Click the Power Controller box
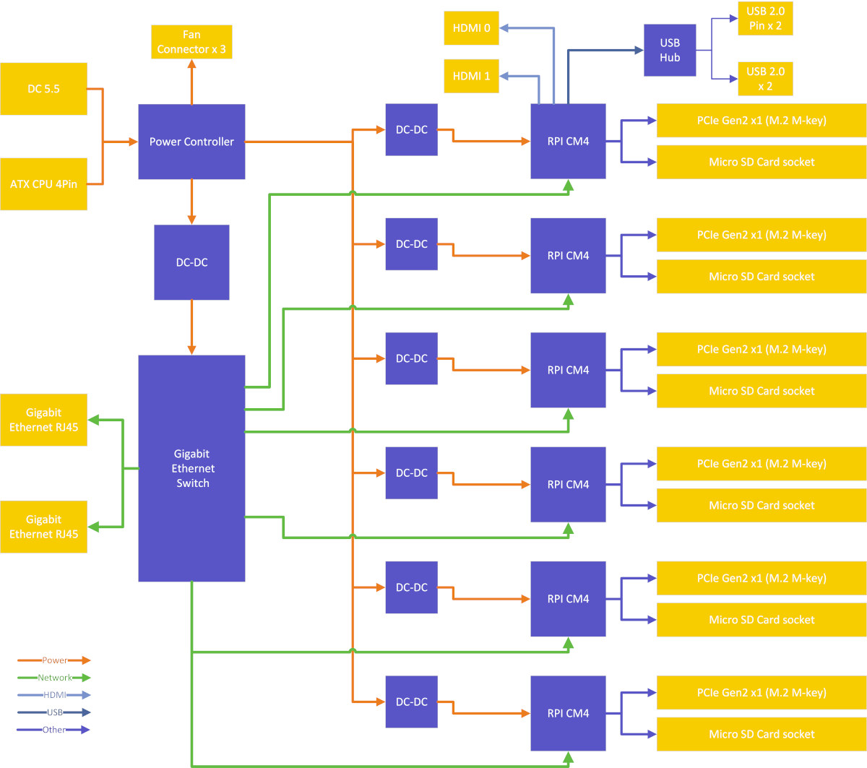pos(191,142)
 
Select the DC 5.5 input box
pos(43,89)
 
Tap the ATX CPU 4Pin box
pos(43,184)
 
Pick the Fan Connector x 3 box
pos(191,42)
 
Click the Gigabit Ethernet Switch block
pos(191,468)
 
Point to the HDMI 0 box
pos(471,27)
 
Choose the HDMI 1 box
pos(471,76)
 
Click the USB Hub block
pos(670,50)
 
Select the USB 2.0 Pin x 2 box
pos(765,18)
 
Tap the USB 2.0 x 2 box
pos(765,79)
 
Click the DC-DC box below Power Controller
pos(191,262)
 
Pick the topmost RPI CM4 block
pos(568,141)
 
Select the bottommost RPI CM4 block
pos(568,713)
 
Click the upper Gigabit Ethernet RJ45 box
pos(43,420)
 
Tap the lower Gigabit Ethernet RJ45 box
pos(43,527)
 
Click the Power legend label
pos(55,660)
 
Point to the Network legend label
pos(55,678)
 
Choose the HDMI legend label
pos(55,695)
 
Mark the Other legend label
pos(54,730)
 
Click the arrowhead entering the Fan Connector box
pos(191,64)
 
